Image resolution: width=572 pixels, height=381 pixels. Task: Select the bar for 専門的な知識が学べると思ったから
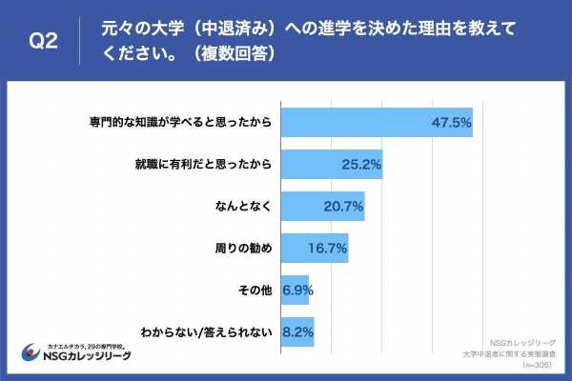[378, 123]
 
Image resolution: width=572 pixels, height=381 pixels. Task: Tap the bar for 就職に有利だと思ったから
[332, 164]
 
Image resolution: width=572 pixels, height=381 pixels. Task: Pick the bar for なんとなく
[323, 206]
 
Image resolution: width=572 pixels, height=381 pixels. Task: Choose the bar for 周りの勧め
[316, 248]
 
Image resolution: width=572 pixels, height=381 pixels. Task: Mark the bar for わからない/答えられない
[298, 332]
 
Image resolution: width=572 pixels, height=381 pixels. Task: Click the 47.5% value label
[451, 123]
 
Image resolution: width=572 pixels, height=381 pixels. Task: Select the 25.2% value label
[361, 165]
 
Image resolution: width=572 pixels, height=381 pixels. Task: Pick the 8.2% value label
[299, 332]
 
